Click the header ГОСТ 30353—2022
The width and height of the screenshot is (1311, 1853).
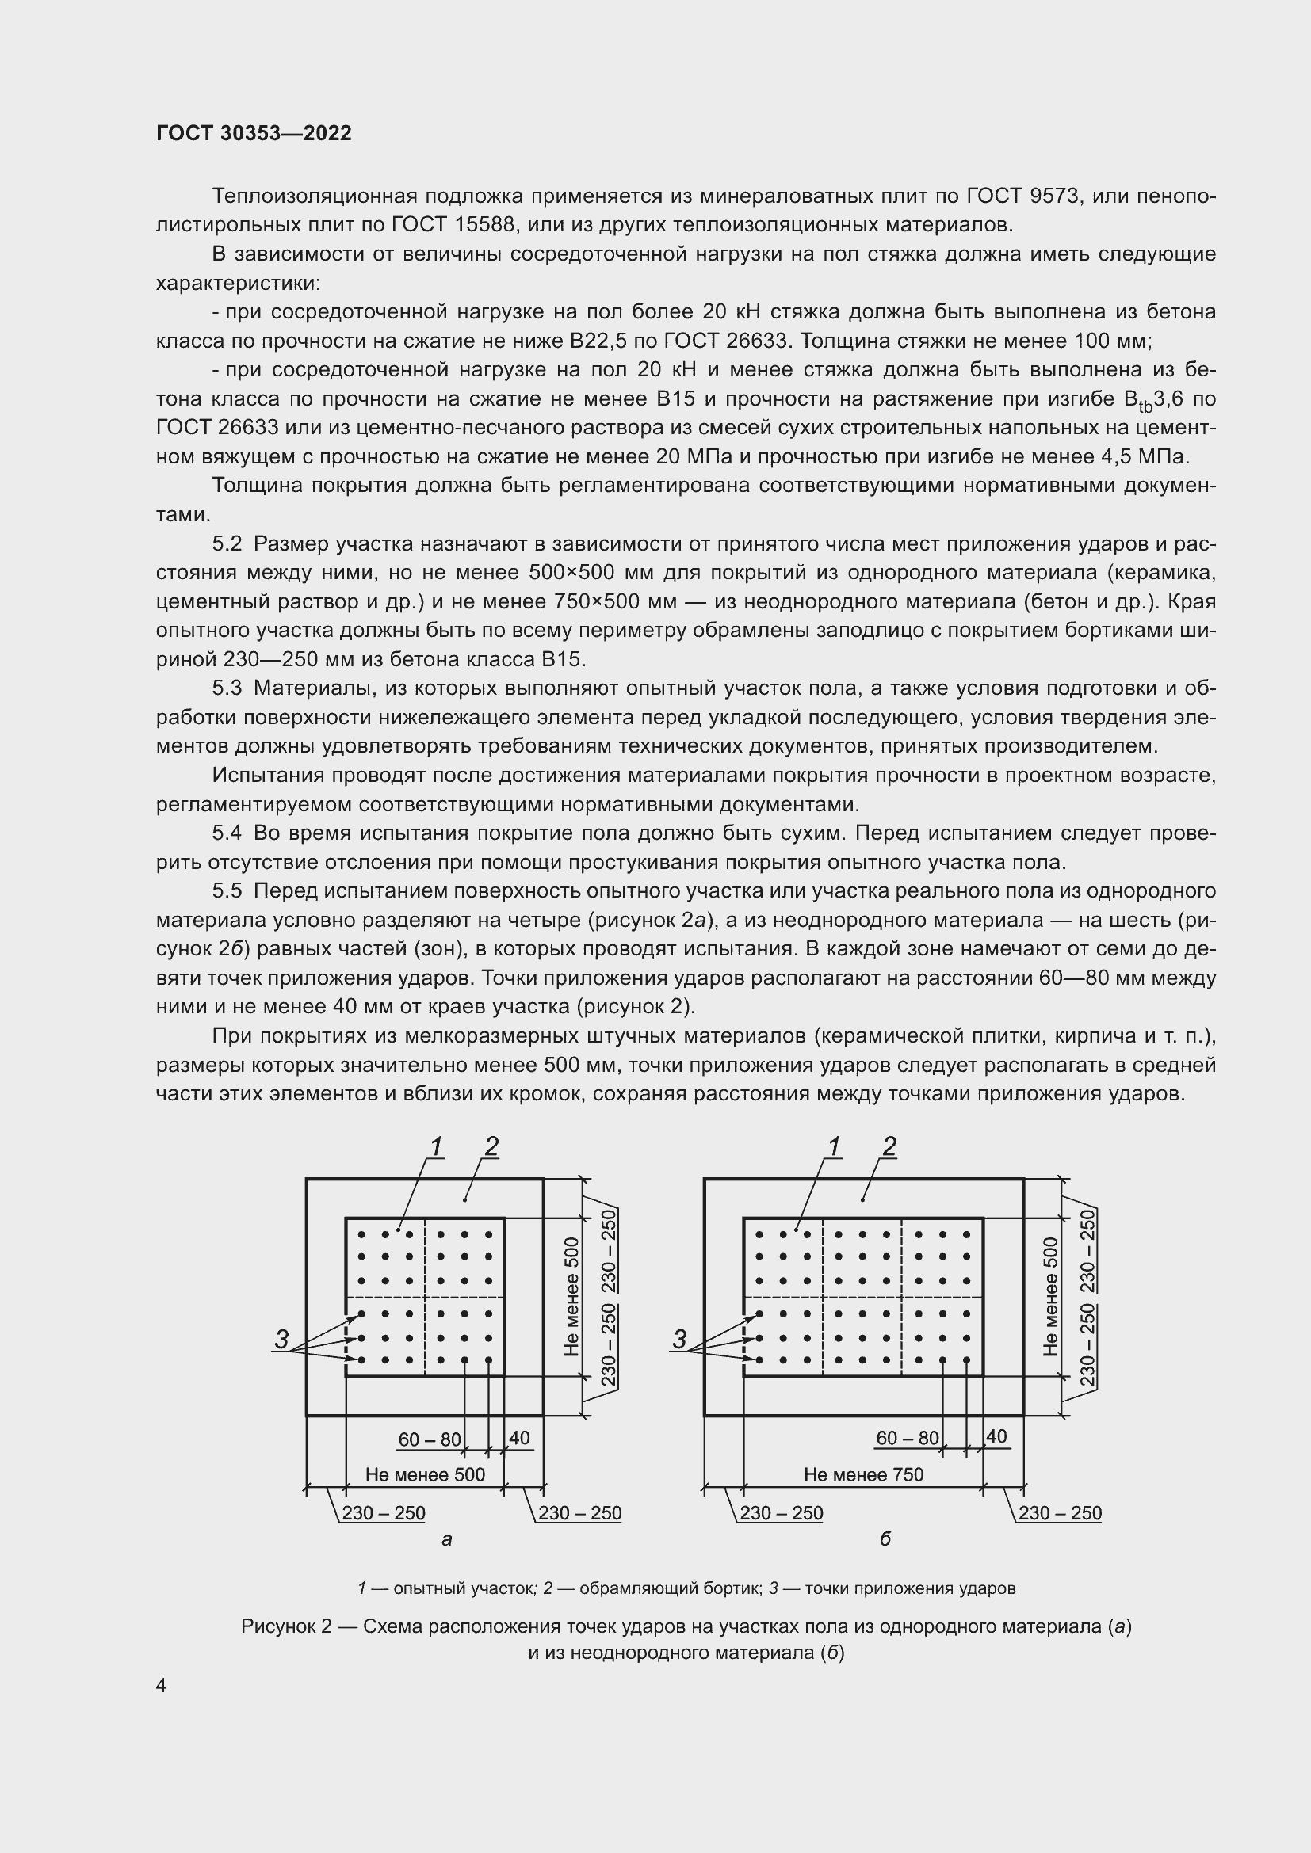click(x=254, y=134)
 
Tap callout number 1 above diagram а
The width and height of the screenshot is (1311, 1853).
click(x=436, y=1146)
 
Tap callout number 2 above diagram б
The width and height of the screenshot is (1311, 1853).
click(x=889, y=1146)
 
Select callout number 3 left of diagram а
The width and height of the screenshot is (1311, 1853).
click(x=281, y=1340)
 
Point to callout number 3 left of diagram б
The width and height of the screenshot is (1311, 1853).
click(x=679, y=1340)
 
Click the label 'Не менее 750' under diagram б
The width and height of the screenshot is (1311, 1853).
click(x=863, y=1475)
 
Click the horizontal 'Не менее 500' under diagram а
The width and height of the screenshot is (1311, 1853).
click(x=425, y=1475)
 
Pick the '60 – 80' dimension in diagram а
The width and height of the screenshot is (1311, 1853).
click(x=430, y=1439)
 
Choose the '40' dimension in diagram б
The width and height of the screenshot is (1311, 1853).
click(x=996, y=1437)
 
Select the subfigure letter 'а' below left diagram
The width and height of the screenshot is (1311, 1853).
click(x=446, y=1540)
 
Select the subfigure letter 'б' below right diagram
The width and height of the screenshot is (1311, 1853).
click(x=885, y=1540)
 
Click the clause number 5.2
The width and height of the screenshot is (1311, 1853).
click(x=227, y=544)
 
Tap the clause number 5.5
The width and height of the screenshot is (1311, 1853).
click(x=227, y=892)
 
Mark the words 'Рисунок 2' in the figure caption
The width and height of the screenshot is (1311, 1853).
click(x=286, y=1626)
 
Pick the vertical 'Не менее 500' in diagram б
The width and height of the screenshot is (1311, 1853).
click(x=1050, y=1296)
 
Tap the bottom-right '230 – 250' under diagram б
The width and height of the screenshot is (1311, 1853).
click(x=1059, y=1513)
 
